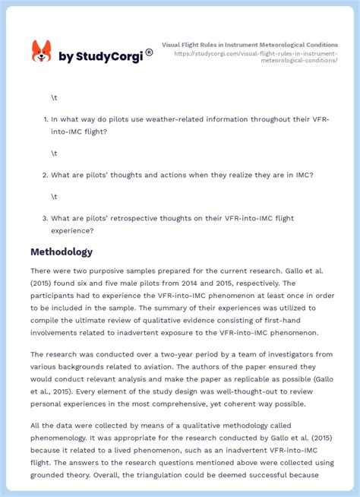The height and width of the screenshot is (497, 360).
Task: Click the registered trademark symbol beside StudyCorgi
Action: pyautogui.click(x=149, y=52)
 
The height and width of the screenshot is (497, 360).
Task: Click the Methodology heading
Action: pyautogui.click(x=62, y=252)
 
